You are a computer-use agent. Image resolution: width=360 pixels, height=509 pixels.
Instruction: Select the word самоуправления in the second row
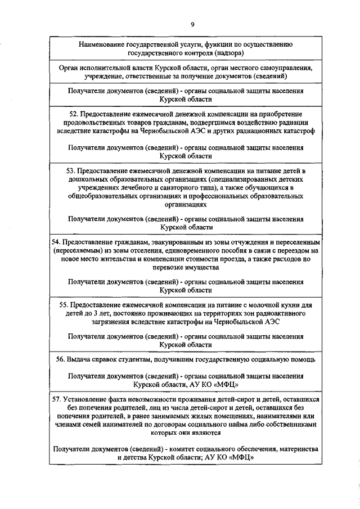(x=288, y=67)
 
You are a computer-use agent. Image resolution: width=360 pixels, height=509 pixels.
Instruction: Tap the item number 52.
(x=68, y=114)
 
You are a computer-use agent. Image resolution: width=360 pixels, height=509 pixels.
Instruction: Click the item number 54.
(x=56, y=242)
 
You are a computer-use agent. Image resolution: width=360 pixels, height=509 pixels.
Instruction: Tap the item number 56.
(x=62, y=359)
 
